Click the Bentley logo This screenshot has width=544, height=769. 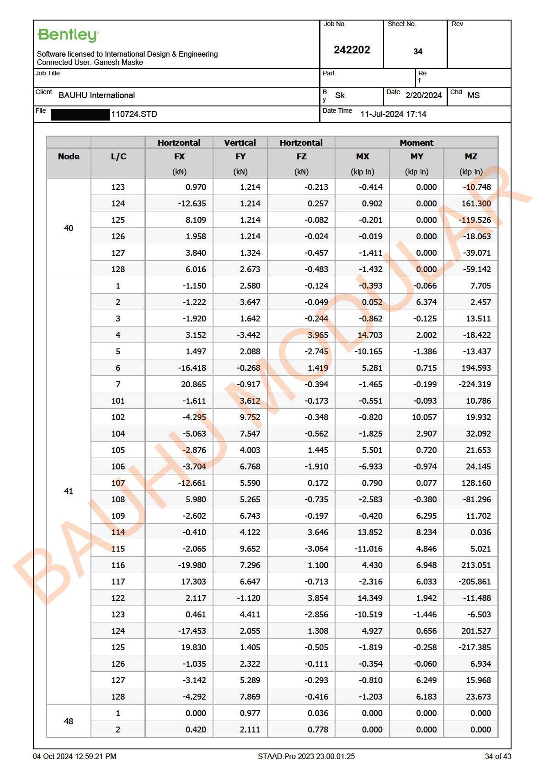click(x=68, y=35)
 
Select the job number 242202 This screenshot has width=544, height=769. click(x=352, y=50)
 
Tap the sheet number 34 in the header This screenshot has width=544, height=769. click(x=417, y=52)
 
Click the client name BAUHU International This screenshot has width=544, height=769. click(x=96, y=95)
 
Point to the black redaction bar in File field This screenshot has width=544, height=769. click(x=80, y=114)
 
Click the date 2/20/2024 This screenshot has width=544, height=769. click(x=423, y=95)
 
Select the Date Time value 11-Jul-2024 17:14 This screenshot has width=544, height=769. click(x=393, y=114)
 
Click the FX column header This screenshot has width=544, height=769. click(x=179, y=157)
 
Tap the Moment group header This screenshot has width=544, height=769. click(x=416, y=143)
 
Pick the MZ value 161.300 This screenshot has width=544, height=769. click(x=475, y=204)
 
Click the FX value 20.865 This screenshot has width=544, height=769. click(x=193, y=384)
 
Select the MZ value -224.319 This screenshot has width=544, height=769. click(x=475, y=384)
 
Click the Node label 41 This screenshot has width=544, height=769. click(x=69, y=491)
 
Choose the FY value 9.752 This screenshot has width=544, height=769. click(x=250, y=417)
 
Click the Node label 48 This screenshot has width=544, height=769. click(x=69, y=722)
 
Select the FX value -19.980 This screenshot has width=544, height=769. click(x=192, y=565)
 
